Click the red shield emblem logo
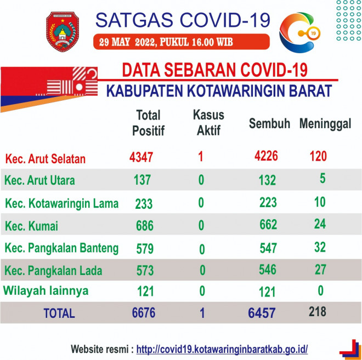click(x=63, y=32)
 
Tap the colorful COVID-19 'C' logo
click(x=299, y=32)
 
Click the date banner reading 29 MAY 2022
click(x=181, y=42)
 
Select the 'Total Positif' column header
click(x=148, y=123)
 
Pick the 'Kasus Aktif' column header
click(x=208, y=122)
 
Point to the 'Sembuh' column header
click(x=269, y=123)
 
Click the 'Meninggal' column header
click(x=325, y=124)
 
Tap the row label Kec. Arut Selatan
click(x=45, y=159)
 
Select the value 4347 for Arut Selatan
click(x=141, y=157)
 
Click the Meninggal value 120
click(x=318, y=156)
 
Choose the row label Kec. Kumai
click(x=31, y=226)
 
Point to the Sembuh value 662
click(x=268, y=225)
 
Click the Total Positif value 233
click(x=144, y=204)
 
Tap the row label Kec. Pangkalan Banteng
click(x=61, y=248)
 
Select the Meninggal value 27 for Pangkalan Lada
click(x=320, y=270)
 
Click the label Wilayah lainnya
click(x=46, y=290)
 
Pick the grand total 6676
click(x=144, y=313)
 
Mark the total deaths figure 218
click(x=318, y=312)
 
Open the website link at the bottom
click(x=222, y=349)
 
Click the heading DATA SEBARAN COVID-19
click(x=214, y=70)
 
